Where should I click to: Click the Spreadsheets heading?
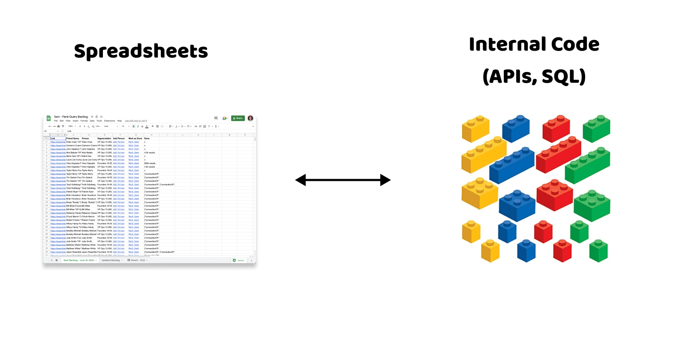tap(141, 51)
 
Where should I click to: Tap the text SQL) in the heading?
tap(563, 77)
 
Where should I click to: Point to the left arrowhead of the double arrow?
tap(301, 180)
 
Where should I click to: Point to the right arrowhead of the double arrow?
tap(385, 180)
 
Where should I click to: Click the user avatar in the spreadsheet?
tap(250, 118)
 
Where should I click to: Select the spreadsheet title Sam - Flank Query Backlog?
tap(71, 117)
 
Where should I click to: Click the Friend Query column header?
tap(73, 138)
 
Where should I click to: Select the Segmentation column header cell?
tap(104, 138)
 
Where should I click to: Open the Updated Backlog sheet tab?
tap(111, 260)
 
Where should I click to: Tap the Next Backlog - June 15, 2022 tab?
tap(78, 260)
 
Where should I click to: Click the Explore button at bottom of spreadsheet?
tap(238, 260)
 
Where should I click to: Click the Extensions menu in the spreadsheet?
tap(109, 121)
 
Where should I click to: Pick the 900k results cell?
tap(150, 163)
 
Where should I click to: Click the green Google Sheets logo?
tap(49, 118)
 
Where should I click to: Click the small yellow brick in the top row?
tap(475, 128)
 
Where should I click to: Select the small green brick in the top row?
tap(596, 128)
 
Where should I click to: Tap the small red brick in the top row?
tap(556, 128)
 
